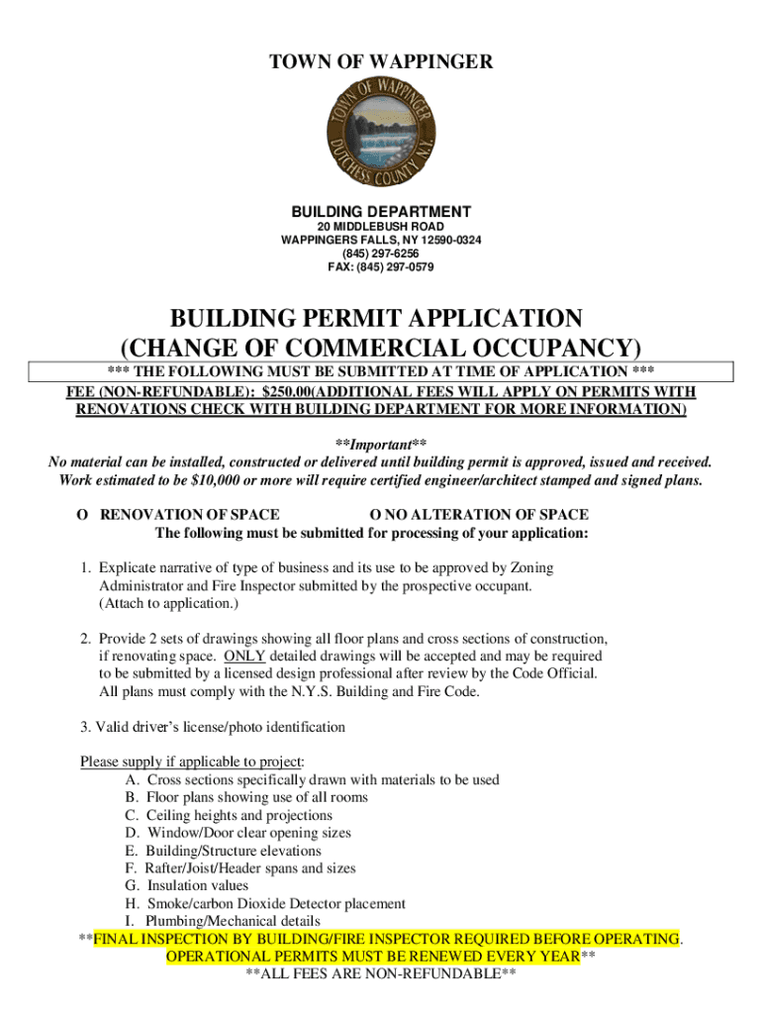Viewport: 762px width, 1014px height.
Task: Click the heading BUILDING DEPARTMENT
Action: (381, 212)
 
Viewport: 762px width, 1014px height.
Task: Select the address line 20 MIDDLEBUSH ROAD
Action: (381, 226)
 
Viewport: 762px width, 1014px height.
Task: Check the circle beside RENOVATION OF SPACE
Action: (82, 515)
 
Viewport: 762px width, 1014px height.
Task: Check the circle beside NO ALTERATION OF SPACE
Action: (375, 515)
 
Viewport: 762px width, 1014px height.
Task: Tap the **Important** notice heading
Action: (381, 444)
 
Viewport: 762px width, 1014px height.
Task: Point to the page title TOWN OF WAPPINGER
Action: (381, 63)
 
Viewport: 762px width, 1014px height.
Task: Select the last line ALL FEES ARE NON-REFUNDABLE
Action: (381, 974)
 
